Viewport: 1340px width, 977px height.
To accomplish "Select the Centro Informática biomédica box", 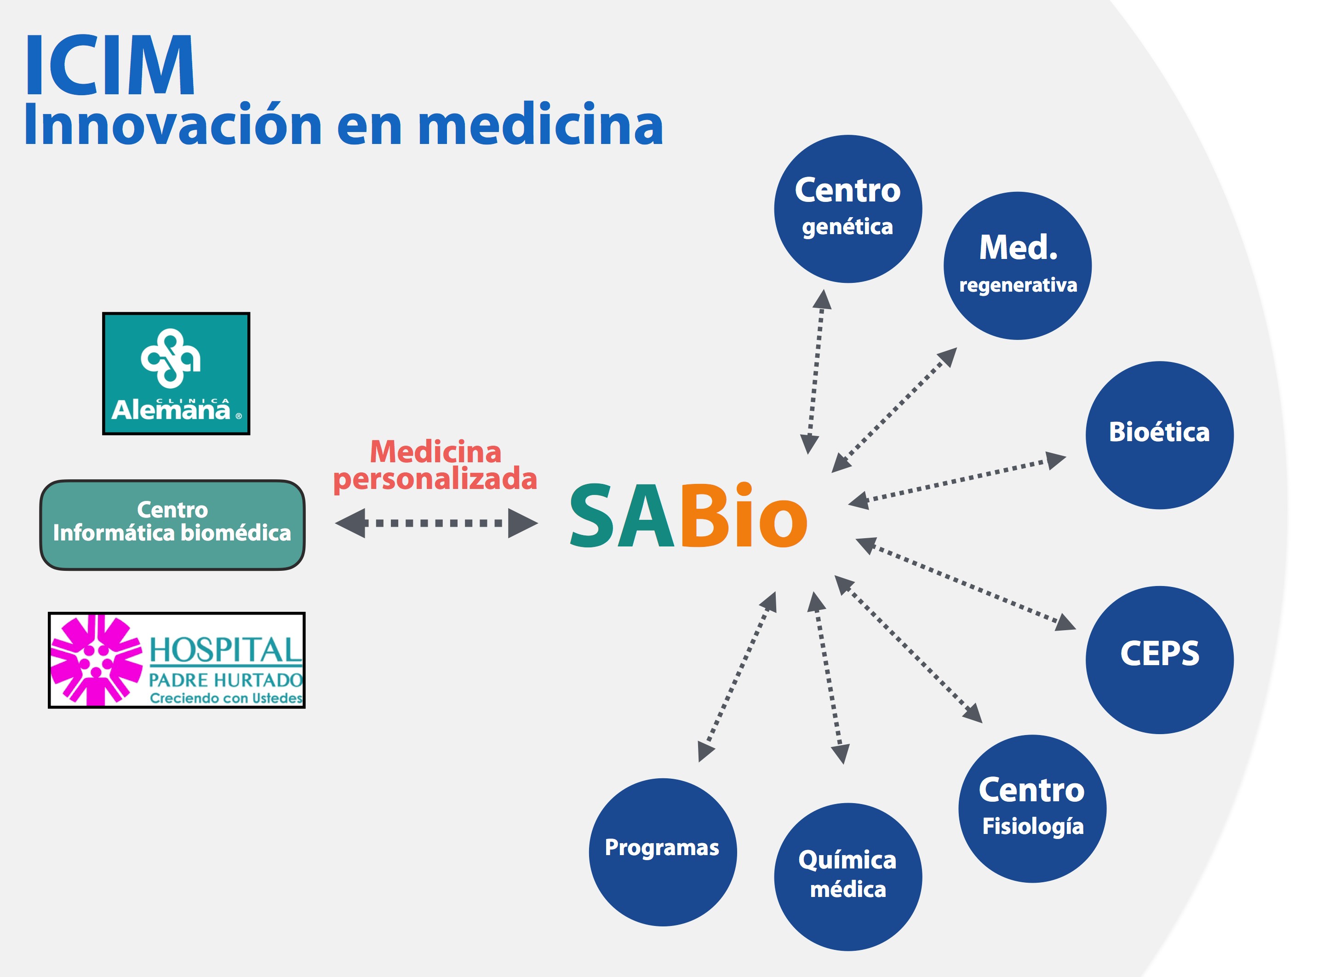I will tap(172, 524).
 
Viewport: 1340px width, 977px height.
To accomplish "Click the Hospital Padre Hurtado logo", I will tap(177, 660).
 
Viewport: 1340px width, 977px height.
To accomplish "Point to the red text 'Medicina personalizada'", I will tap(435, 466).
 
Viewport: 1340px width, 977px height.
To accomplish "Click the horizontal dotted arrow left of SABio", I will tap(435, 523).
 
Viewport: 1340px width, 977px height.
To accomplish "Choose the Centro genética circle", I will tap(848, 209).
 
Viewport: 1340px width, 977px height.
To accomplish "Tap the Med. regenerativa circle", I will tap(1017, 265).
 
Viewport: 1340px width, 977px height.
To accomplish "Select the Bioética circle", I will tap(1159, 435).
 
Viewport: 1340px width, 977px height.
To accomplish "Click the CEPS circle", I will tap(1159, 660).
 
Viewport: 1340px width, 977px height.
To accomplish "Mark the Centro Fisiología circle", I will tap(1032, 809).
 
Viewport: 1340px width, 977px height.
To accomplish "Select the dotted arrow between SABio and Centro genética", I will tap(815, 371).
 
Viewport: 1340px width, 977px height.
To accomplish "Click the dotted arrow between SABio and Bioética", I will tap(956, 480).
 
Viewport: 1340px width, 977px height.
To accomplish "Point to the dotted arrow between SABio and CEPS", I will tap(965, 584).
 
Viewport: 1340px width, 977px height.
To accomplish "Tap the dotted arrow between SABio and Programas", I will tap(737, 676).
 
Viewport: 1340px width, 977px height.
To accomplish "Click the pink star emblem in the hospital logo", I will tap(96, 660).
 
